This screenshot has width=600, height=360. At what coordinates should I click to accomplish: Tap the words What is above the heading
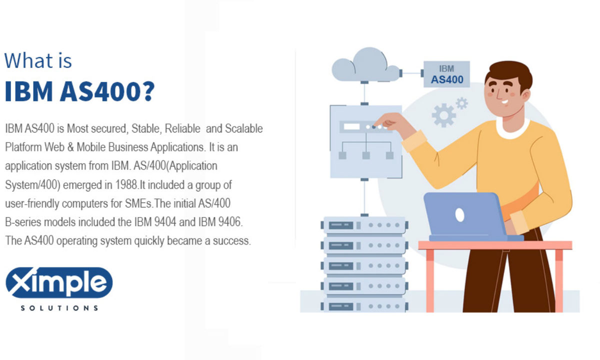tap(38, 60)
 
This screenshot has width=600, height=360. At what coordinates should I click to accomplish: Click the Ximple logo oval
tap(59, 283)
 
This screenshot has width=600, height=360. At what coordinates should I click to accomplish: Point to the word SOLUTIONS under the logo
tap(59, 308)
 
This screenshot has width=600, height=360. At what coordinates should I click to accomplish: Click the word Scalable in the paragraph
tap(243, 128)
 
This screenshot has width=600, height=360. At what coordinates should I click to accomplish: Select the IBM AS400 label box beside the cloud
tap(446, 74)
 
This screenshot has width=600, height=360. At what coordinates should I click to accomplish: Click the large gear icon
tap(443, 115)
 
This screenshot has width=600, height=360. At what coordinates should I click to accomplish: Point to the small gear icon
tap(461, 103)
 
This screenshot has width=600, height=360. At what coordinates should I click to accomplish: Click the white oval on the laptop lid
tap(459, 215)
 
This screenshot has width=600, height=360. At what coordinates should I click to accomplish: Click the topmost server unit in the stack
tap(364, 225)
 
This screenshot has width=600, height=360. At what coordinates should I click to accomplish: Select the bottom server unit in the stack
tap(364, 305)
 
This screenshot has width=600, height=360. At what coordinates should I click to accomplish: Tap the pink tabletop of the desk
tap(494, 245)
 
